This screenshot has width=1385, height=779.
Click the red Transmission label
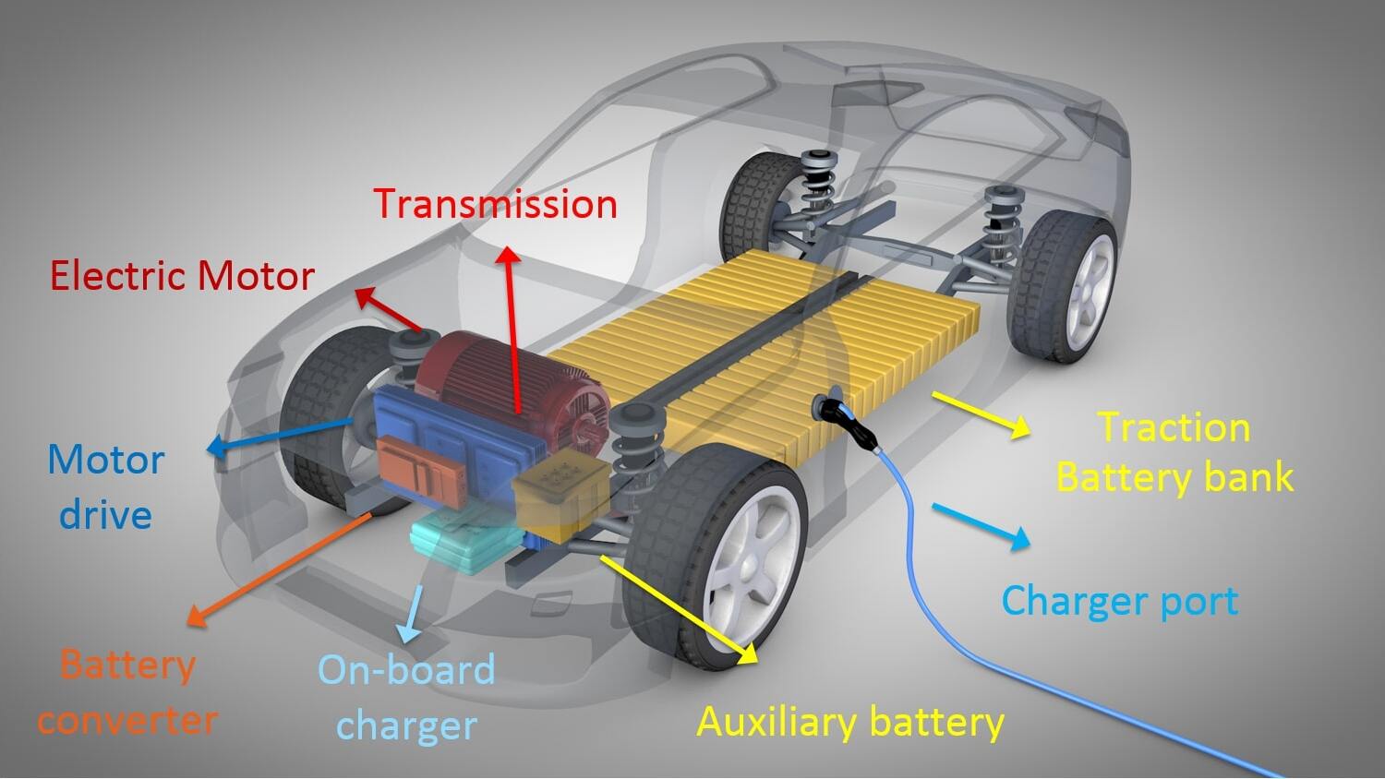point(495,203)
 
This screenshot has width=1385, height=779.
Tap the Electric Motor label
point(182,276)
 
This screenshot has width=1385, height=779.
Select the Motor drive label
point(106,487)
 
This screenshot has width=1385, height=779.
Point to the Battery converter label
point(127,692)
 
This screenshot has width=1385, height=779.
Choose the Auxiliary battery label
point(850,722)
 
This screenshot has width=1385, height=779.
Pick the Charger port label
point(1120,600)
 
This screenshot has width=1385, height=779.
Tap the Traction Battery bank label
point(1174,452)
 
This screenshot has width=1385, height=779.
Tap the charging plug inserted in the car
point(846,420)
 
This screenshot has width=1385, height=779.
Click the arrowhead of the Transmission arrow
point(510,255)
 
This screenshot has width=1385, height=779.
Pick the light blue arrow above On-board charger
point(412,613)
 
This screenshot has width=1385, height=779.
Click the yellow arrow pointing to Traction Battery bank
point(981,415)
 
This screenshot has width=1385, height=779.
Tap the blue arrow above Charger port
point(981,527)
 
